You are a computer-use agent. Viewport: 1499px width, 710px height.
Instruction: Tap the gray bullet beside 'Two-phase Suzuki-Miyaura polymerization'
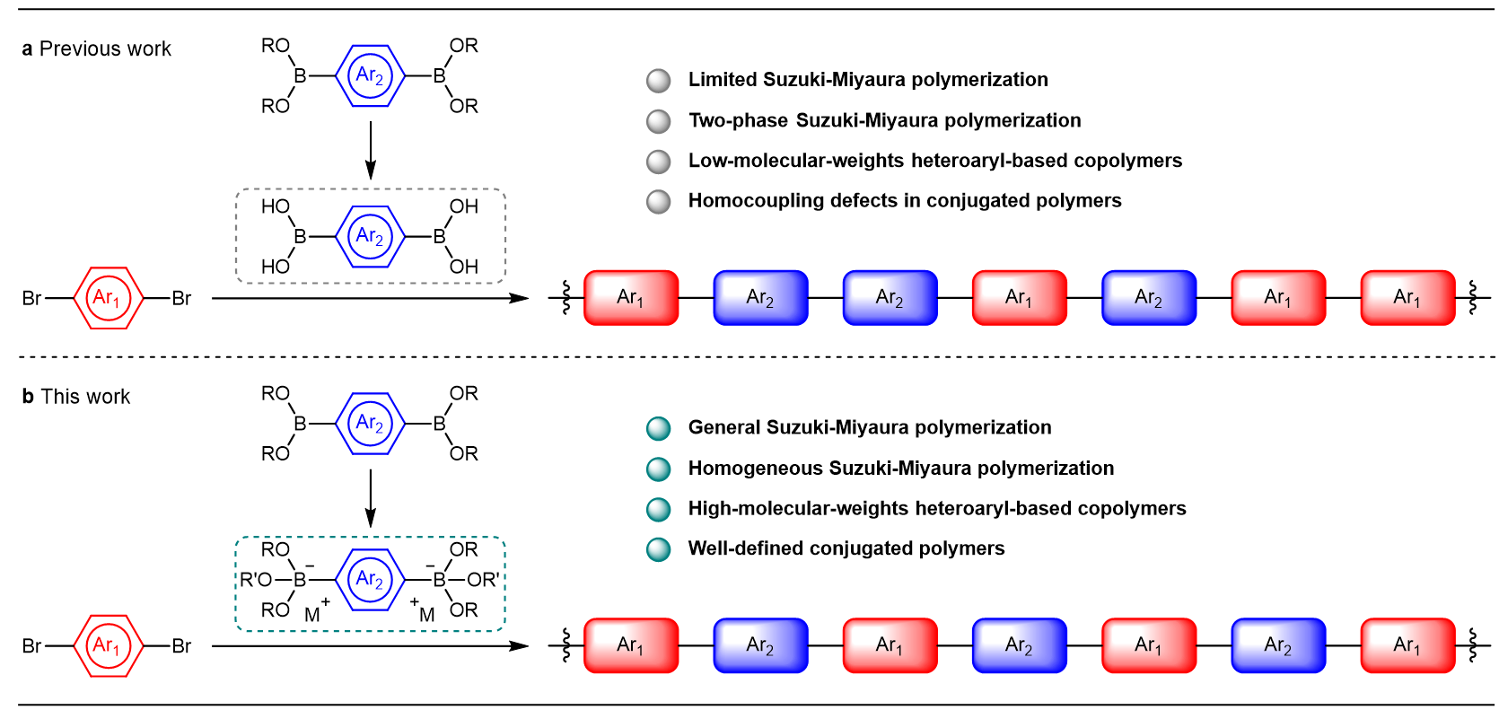click(659, 121)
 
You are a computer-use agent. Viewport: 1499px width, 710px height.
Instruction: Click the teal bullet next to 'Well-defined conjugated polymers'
click(659, 549)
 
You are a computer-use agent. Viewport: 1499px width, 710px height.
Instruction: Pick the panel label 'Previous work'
click(105, 49)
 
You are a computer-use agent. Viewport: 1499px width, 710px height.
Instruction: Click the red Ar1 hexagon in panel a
click(107, 298)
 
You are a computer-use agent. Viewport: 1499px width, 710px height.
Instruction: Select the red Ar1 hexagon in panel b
click(107, 645)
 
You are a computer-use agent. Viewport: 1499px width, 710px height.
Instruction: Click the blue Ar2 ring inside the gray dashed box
click(370, 237)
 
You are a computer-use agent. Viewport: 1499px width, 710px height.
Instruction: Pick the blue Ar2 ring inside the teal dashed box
click(370, 580)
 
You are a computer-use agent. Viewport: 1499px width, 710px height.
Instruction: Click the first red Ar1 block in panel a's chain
click(631, 298)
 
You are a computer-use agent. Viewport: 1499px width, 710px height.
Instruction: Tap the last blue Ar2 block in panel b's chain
click(1277, 645)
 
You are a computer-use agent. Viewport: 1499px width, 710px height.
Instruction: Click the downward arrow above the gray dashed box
click(370, 150)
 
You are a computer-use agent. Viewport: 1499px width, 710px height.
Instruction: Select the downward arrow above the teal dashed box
click(370, 498)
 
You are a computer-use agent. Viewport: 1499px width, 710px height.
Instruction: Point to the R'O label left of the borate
click(255, 580)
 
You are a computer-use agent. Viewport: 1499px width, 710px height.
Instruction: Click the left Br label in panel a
click(31, 298)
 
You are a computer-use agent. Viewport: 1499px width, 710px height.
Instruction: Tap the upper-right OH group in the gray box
click(464, 206)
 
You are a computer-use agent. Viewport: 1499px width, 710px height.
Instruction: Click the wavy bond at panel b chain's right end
click(1472, 645)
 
